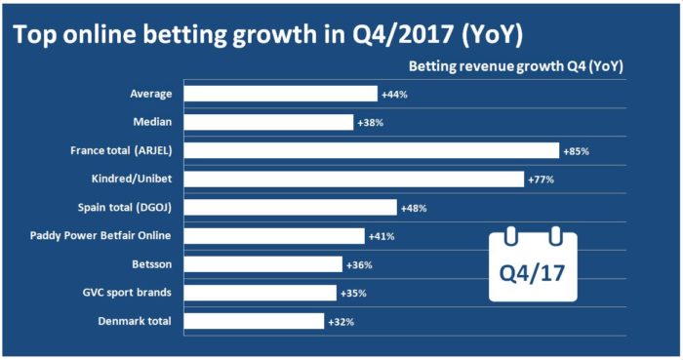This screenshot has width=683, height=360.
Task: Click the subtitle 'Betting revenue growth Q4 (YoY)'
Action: point(515,67)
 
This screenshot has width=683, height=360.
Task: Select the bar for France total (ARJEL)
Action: point(372,150)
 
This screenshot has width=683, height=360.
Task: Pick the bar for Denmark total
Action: point(254,321)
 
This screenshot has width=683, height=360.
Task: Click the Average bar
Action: point(280,94)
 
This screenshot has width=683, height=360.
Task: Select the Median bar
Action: point(268,122)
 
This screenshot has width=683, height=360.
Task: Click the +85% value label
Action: point(577,151)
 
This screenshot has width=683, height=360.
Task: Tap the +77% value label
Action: point(542,180)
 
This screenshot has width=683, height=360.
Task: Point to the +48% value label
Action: point(414,208)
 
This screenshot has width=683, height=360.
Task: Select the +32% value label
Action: point(341,321)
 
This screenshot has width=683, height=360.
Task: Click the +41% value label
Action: point(382,236)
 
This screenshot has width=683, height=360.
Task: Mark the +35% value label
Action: point(354,293)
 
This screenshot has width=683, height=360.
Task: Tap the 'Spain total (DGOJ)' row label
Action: point(127,208)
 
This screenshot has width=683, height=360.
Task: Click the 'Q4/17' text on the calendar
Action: point(533,268)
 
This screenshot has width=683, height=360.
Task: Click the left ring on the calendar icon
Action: point(509,236)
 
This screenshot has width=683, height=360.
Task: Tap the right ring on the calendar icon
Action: point(556,236)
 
